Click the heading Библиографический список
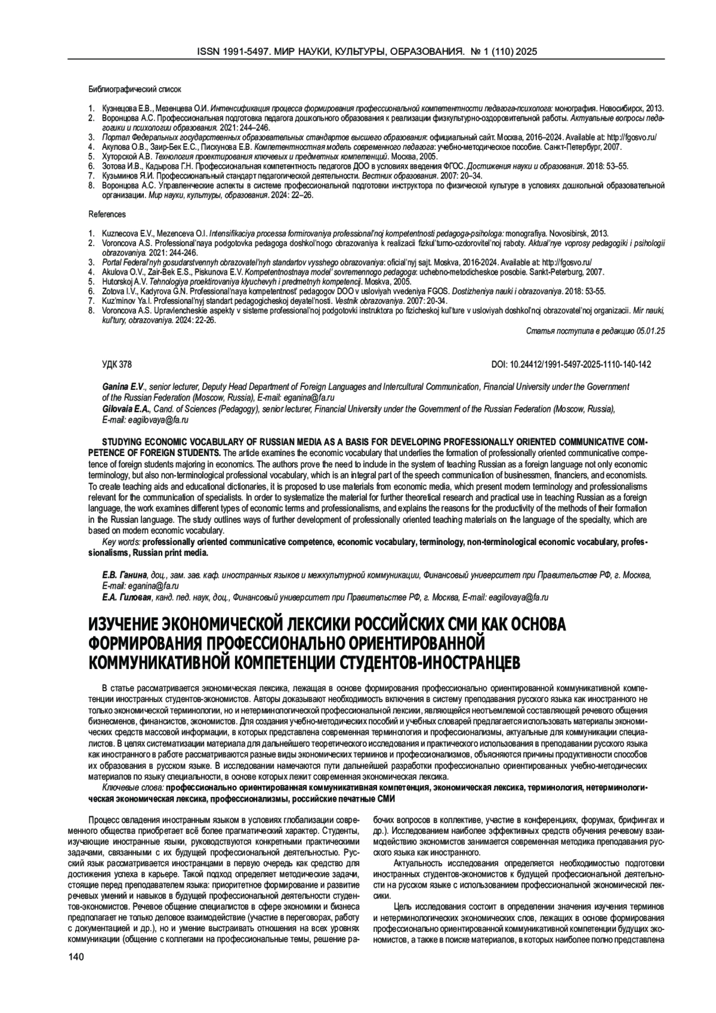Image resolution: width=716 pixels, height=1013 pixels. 135,89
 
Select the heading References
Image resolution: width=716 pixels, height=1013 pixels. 107,214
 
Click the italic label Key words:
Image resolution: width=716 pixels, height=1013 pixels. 121,542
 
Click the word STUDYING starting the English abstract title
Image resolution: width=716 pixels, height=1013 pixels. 122,442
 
